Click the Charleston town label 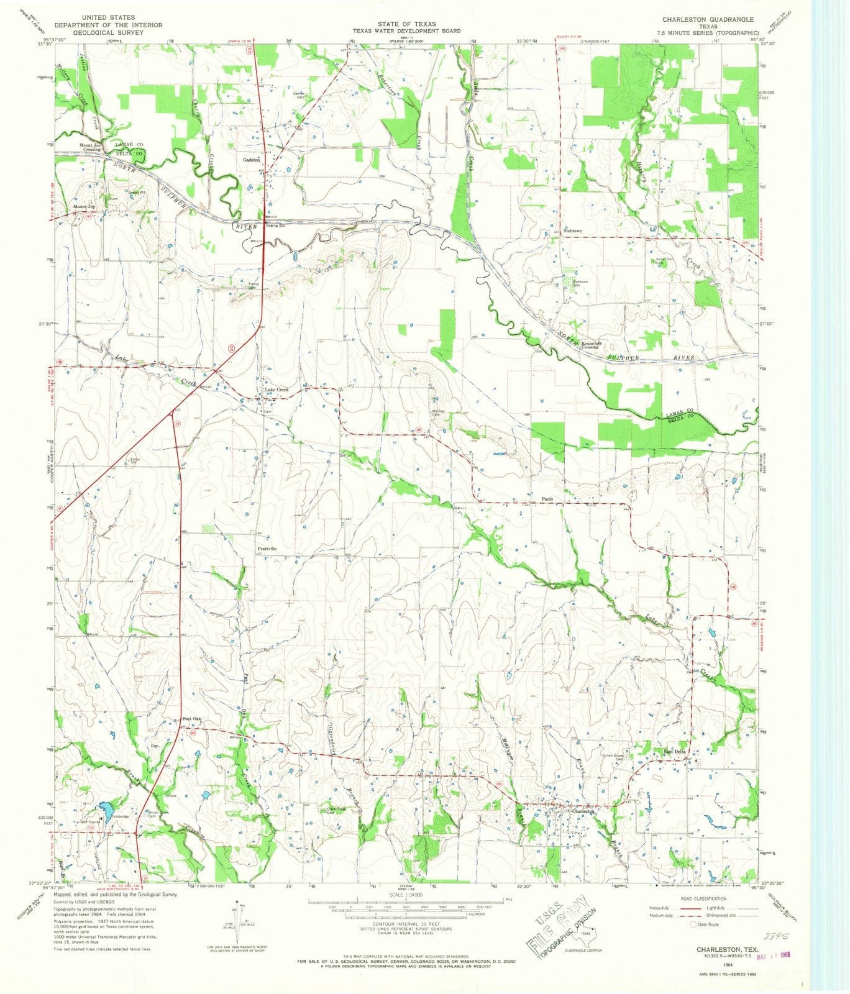tap(583, 811)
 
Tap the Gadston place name tap(251, 160)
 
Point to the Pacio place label tap(547, 499)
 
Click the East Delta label tap(675, 752)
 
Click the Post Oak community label tap(192, 719)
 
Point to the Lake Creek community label tap(276, 390)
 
